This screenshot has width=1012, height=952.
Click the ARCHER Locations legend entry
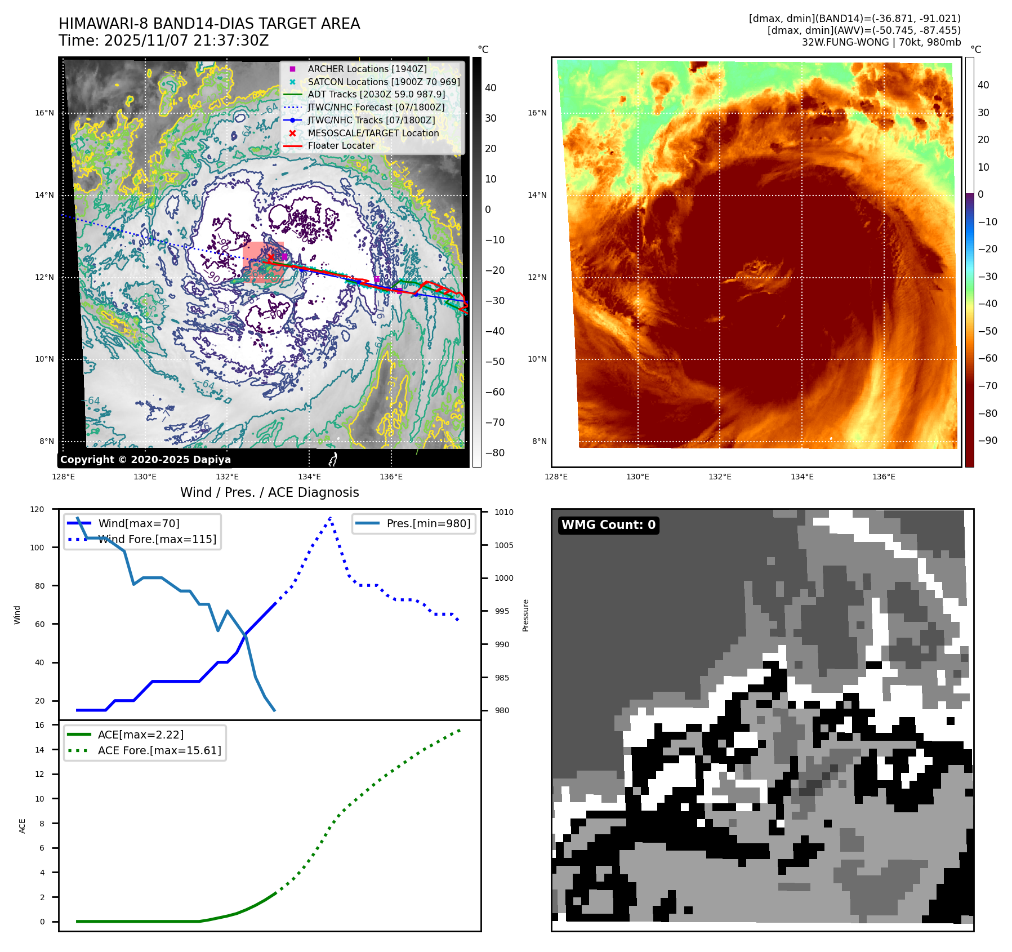pyautogui.click(x=367, y=69)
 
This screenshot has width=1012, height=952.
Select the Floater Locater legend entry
pyautogui.click(x=341, y=145)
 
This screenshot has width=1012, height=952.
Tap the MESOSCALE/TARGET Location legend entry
pyautogui.click(x=373, y=133)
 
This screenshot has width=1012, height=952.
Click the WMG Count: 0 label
pyautogui.click(x=608, y=525)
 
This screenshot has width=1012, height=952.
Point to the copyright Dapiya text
pyautogui.click(x=145, y=460)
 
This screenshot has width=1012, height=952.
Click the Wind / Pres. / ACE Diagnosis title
pyautogui.click(x=269, y=492)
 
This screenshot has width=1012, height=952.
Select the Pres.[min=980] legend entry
pyautogui.click(x=428, y=523)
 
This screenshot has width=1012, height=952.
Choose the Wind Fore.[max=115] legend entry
pyautogui.click(x=157, y=539)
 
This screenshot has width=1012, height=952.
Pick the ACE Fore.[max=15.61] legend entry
pyautogui.click(x=159, y=750)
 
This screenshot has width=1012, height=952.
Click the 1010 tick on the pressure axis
pyautogui.click(x=504, y=512)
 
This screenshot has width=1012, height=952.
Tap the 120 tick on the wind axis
pyautogui.click(x=37, y=509)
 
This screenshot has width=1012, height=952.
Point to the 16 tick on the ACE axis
pyautogui.click(x=40, y=725)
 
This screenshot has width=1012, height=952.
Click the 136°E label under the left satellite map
pyautogui.click(x=391, y=477)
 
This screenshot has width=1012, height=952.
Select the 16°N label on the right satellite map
pyautogui.click(x=537, y=113)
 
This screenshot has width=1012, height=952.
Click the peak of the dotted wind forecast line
pyautogui.click(x=330, y=517)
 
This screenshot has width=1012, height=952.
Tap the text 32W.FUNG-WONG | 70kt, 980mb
pyautogui.click(x=881, y=42)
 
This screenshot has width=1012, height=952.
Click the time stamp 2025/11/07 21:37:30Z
pyautogui.click(x=186, y=41)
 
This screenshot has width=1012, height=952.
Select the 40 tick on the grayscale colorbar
pyautogui.click(x=491, y=88)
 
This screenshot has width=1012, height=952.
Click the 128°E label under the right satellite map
pyautogui.click(x=556, y=477)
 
